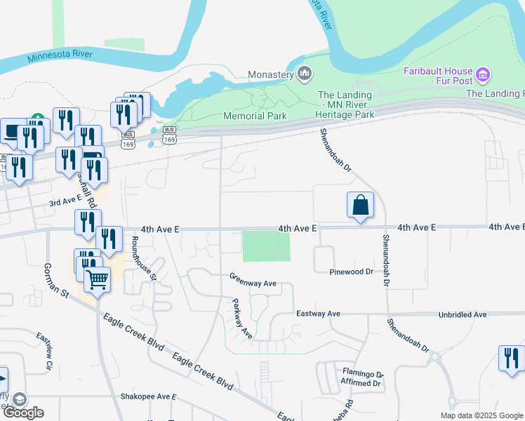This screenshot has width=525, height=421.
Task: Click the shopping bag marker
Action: [360, 206]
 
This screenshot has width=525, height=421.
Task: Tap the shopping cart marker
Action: [97, 280]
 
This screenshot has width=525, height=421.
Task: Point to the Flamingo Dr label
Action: [363, 373]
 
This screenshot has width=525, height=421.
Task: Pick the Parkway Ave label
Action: [242, 320]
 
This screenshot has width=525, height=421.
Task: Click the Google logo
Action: [22, 413]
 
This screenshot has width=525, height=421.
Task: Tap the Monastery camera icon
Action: [305, 73]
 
